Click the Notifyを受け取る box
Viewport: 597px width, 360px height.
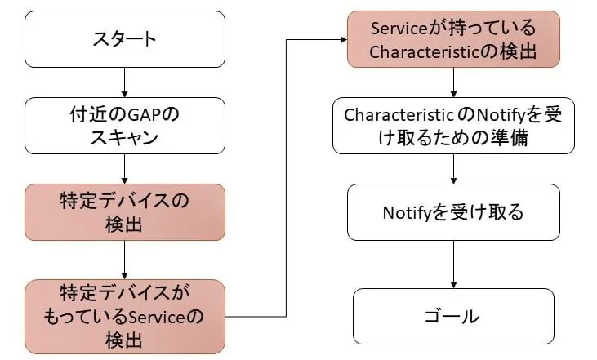coord(454,213)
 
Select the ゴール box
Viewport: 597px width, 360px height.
coord(454,315)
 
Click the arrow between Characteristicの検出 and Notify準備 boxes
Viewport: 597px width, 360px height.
coord(454,82)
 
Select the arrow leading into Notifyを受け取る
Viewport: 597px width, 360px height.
coord(454,169)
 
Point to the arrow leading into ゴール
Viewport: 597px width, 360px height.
coord(454,264)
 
